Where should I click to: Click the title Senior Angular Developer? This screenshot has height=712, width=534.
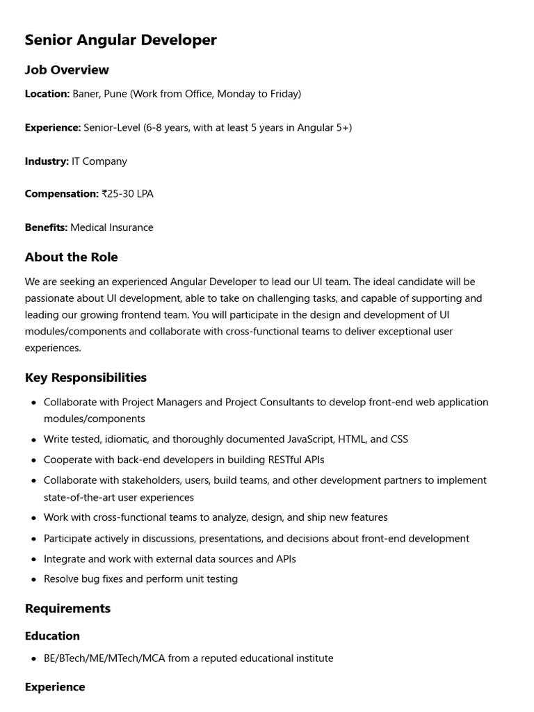120,40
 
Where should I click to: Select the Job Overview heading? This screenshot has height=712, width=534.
67,70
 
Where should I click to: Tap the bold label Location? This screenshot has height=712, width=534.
47,94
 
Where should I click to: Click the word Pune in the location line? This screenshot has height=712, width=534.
115,94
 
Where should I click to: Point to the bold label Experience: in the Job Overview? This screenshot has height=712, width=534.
53,128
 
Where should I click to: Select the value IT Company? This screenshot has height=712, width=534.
99,161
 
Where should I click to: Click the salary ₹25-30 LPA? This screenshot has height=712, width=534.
127,194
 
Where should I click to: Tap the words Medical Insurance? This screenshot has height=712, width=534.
112,227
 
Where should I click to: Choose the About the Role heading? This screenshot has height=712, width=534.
71,257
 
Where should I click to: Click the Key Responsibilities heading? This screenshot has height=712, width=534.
86,378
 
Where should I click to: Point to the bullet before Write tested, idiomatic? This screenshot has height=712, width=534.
34,440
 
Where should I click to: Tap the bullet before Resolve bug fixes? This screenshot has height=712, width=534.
34,579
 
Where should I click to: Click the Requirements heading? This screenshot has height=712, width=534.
67,608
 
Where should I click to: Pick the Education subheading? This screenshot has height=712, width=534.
52,636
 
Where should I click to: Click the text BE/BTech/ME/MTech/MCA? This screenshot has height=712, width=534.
104,658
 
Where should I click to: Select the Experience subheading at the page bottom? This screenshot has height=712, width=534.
55,687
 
